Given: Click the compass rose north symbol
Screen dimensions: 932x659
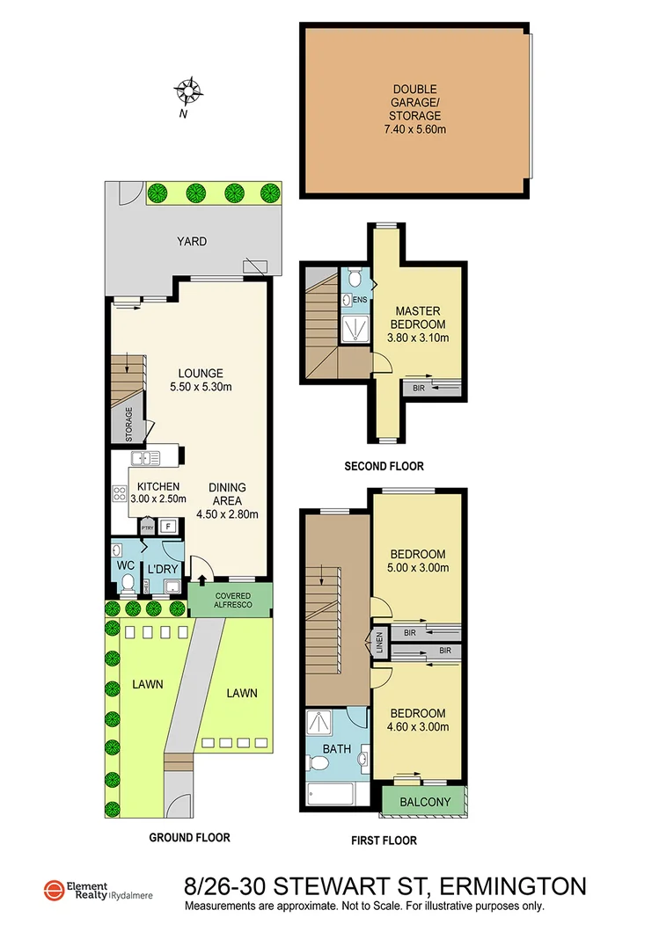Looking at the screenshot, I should coord(188,90).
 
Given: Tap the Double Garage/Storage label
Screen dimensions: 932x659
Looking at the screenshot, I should coord(414,109).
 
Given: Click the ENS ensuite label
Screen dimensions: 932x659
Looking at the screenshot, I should coord(359,300).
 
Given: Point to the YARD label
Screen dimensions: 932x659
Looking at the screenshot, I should coord(191,241).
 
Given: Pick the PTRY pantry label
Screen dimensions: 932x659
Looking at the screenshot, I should coord(147,528).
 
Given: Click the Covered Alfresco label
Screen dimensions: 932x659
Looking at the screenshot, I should coord(231,601).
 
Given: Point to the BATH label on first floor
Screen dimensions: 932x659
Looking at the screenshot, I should coord(337,749).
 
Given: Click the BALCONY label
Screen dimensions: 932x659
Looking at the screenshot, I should coord(425,802).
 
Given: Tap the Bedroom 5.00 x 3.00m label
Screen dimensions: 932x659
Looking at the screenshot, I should coord(418,561).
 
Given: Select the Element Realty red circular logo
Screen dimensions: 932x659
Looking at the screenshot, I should coord(53,891).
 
